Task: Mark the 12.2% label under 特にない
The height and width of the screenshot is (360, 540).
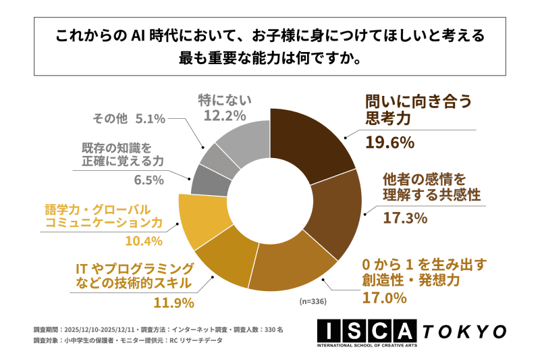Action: (x=224, y=115)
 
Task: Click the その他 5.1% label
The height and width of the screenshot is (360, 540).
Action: (x=128, y=119)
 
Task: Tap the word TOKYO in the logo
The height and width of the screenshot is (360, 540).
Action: (x=465, y=331)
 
